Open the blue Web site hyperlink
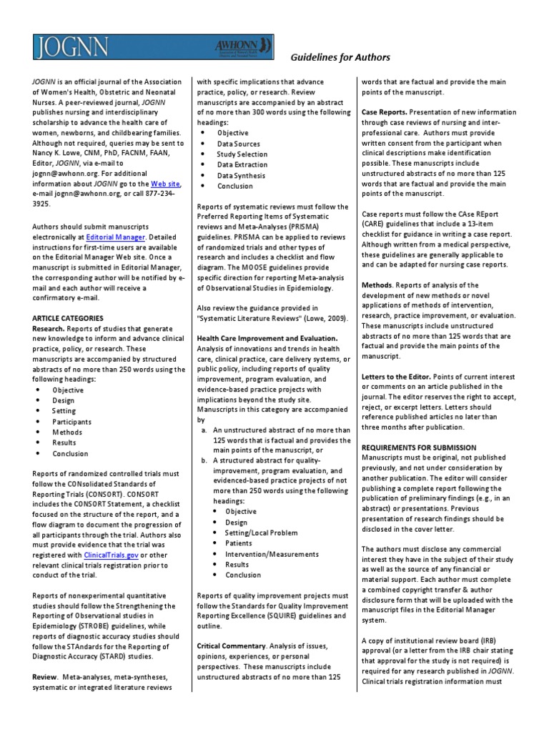[x=165, y=184]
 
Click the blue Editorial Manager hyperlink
[x=116, y=236]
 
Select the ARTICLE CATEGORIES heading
[x=69, y=317]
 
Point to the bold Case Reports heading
[x=385, y=112]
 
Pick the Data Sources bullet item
[x=240, y=144]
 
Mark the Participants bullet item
[x=71, y=422]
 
